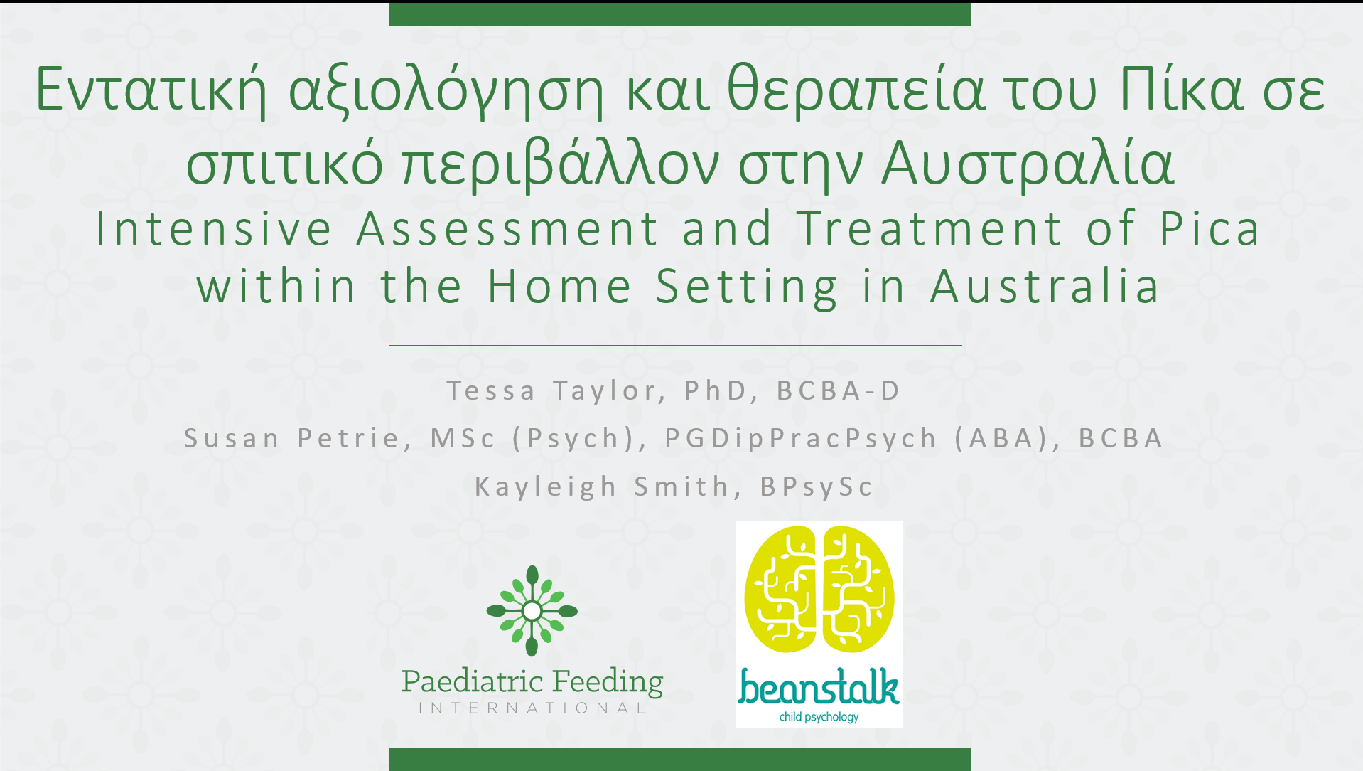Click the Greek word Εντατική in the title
(151, 90)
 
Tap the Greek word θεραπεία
(856, 90)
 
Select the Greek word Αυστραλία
(1027, 164)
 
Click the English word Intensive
(214, 228)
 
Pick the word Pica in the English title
(1210, 228)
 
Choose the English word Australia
(1045, 286)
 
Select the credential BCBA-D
(839, 390)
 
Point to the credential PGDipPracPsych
(801, 439)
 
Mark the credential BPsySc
(817, 487)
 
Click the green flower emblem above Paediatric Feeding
(532, 610)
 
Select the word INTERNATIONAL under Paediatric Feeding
(532, 708)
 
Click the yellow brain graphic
(819, 589)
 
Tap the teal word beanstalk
(819, 687)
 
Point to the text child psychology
(819, 717)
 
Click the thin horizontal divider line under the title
(675, 345)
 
